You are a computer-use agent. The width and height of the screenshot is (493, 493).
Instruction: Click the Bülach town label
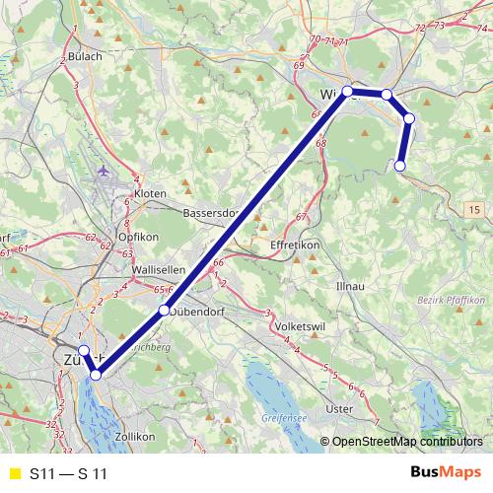85,56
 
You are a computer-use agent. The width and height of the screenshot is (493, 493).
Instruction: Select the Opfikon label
138,239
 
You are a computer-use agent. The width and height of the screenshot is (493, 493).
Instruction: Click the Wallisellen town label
159,269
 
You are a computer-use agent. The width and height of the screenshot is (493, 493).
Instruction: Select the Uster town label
338,408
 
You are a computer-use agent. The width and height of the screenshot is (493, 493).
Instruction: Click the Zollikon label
135,436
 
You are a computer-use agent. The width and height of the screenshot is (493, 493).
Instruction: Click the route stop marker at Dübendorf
164,312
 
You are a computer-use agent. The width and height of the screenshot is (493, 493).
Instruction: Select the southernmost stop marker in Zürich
97,375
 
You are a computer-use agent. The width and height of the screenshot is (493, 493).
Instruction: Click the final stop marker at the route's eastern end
400,166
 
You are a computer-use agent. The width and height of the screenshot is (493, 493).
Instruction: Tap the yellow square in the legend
13,474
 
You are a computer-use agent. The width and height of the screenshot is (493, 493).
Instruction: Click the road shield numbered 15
474,210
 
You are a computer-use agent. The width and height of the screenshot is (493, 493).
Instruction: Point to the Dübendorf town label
206,312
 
